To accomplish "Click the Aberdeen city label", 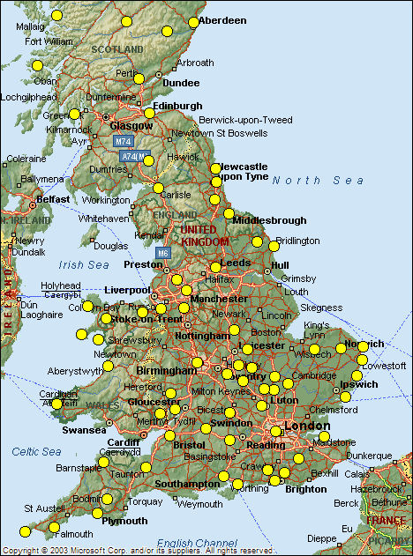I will (x=222, y=19).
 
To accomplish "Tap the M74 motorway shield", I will (x=123, y=141).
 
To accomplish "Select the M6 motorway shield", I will (x=162, y=253).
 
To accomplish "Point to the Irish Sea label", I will (x=84, y=264).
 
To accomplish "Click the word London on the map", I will (x=307, y=426).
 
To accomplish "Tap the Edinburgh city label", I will (x=177, y=106).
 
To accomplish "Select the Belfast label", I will (x=53, y=199).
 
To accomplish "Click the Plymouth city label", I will (x=125, y=521).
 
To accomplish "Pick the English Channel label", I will (x=198, y=543).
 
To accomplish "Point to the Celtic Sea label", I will (x=36, y=452).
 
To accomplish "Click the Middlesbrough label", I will (x=270, y=220).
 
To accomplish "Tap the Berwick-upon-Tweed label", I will (x=232, y=119).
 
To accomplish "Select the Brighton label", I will (x=305, y=489).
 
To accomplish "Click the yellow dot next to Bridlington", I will (x=258, y=241).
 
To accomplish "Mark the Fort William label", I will (x=49, y=41).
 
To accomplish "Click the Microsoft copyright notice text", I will (x=137, y=551).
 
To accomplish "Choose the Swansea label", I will (x=84, y=430).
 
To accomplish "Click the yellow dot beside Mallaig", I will (x=58, y=15).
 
